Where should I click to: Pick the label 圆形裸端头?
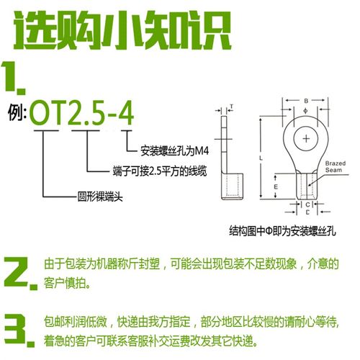[99, 194]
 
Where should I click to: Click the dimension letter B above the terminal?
[306, 100]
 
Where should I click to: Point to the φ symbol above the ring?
[306, 111]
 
